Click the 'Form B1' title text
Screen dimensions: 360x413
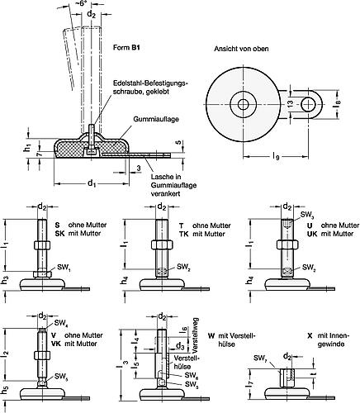click(x=126, y=48)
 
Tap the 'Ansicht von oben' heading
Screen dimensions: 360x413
click(x=241, y=49)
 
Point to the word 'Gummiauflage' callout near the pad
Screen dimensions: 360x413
click(x=156, y=119)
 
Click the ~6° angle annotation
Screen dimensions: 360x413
click(x=82, y=4)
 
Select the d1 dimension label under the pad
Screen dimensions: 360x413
click(x=92, y=183)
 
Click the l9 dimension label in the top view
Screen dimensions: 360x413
click(x=275, y=157)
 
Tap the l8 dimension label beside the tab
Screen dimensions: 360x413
click(x=337, y=105)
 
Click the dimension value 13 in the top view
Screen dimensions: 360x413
click(x=290, y=104)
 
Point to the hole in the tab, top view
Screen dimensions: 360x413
click(x=309, y=104)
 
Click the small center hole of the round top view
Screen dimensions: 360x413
click(x=243, y=105)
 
